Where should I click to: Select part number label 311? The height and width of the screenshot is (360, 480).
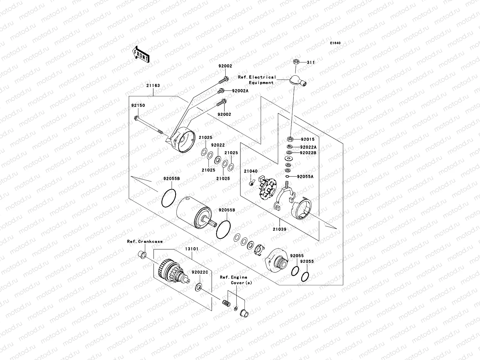[x=311, y=62]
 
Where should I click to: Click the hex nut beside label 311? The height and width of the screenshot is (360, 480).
[x=295, y=62]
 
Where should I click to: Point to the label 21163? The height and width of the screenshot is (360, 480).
[x=153, y=85]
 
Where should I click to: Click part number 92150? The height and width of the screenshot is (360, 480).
[x=138, y=106]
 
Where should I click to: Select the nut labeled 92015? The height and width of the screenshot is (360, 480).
[x=290, y=139]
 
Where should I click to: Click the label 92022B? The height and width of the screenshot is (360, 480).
[x=308, y=153]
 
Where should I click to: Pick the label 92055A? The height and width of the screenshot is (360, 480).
[x=305, y=177]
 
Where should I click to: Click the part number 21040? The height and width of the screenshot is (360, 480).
[x=250, y=171]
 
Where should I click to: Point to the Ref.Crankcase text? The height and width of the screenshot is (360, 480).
[x=145, y=241]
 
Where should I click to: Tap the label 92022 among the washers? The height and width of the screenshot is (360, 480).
[x=218, y=145]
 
